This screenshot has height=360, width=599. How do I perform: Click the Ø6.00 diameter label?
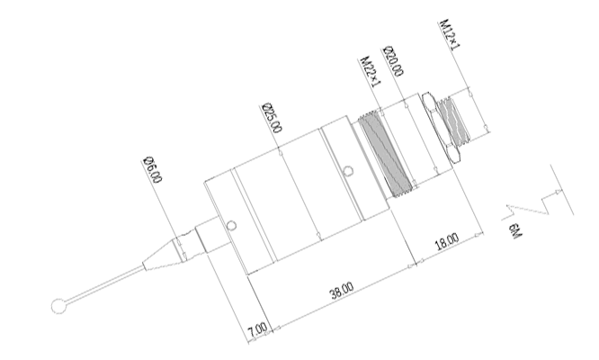153,170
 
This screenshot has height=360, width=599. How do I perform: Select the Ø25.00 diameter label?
273,118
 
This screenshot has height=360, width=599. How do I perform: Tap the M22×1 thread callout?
371,72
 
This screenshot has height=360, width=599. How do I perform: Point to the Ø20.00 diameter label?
393,61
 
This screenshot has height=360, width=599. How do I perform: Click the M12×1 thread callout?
451,34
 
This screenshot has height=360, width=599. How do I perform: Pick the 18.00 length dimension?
447,241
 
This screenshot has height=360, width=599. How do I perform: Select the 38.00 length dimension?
342,291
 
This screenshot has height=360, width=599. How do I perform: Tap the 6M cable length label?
514,232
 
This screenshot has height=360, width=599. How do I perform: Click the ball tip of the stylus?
58,306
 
